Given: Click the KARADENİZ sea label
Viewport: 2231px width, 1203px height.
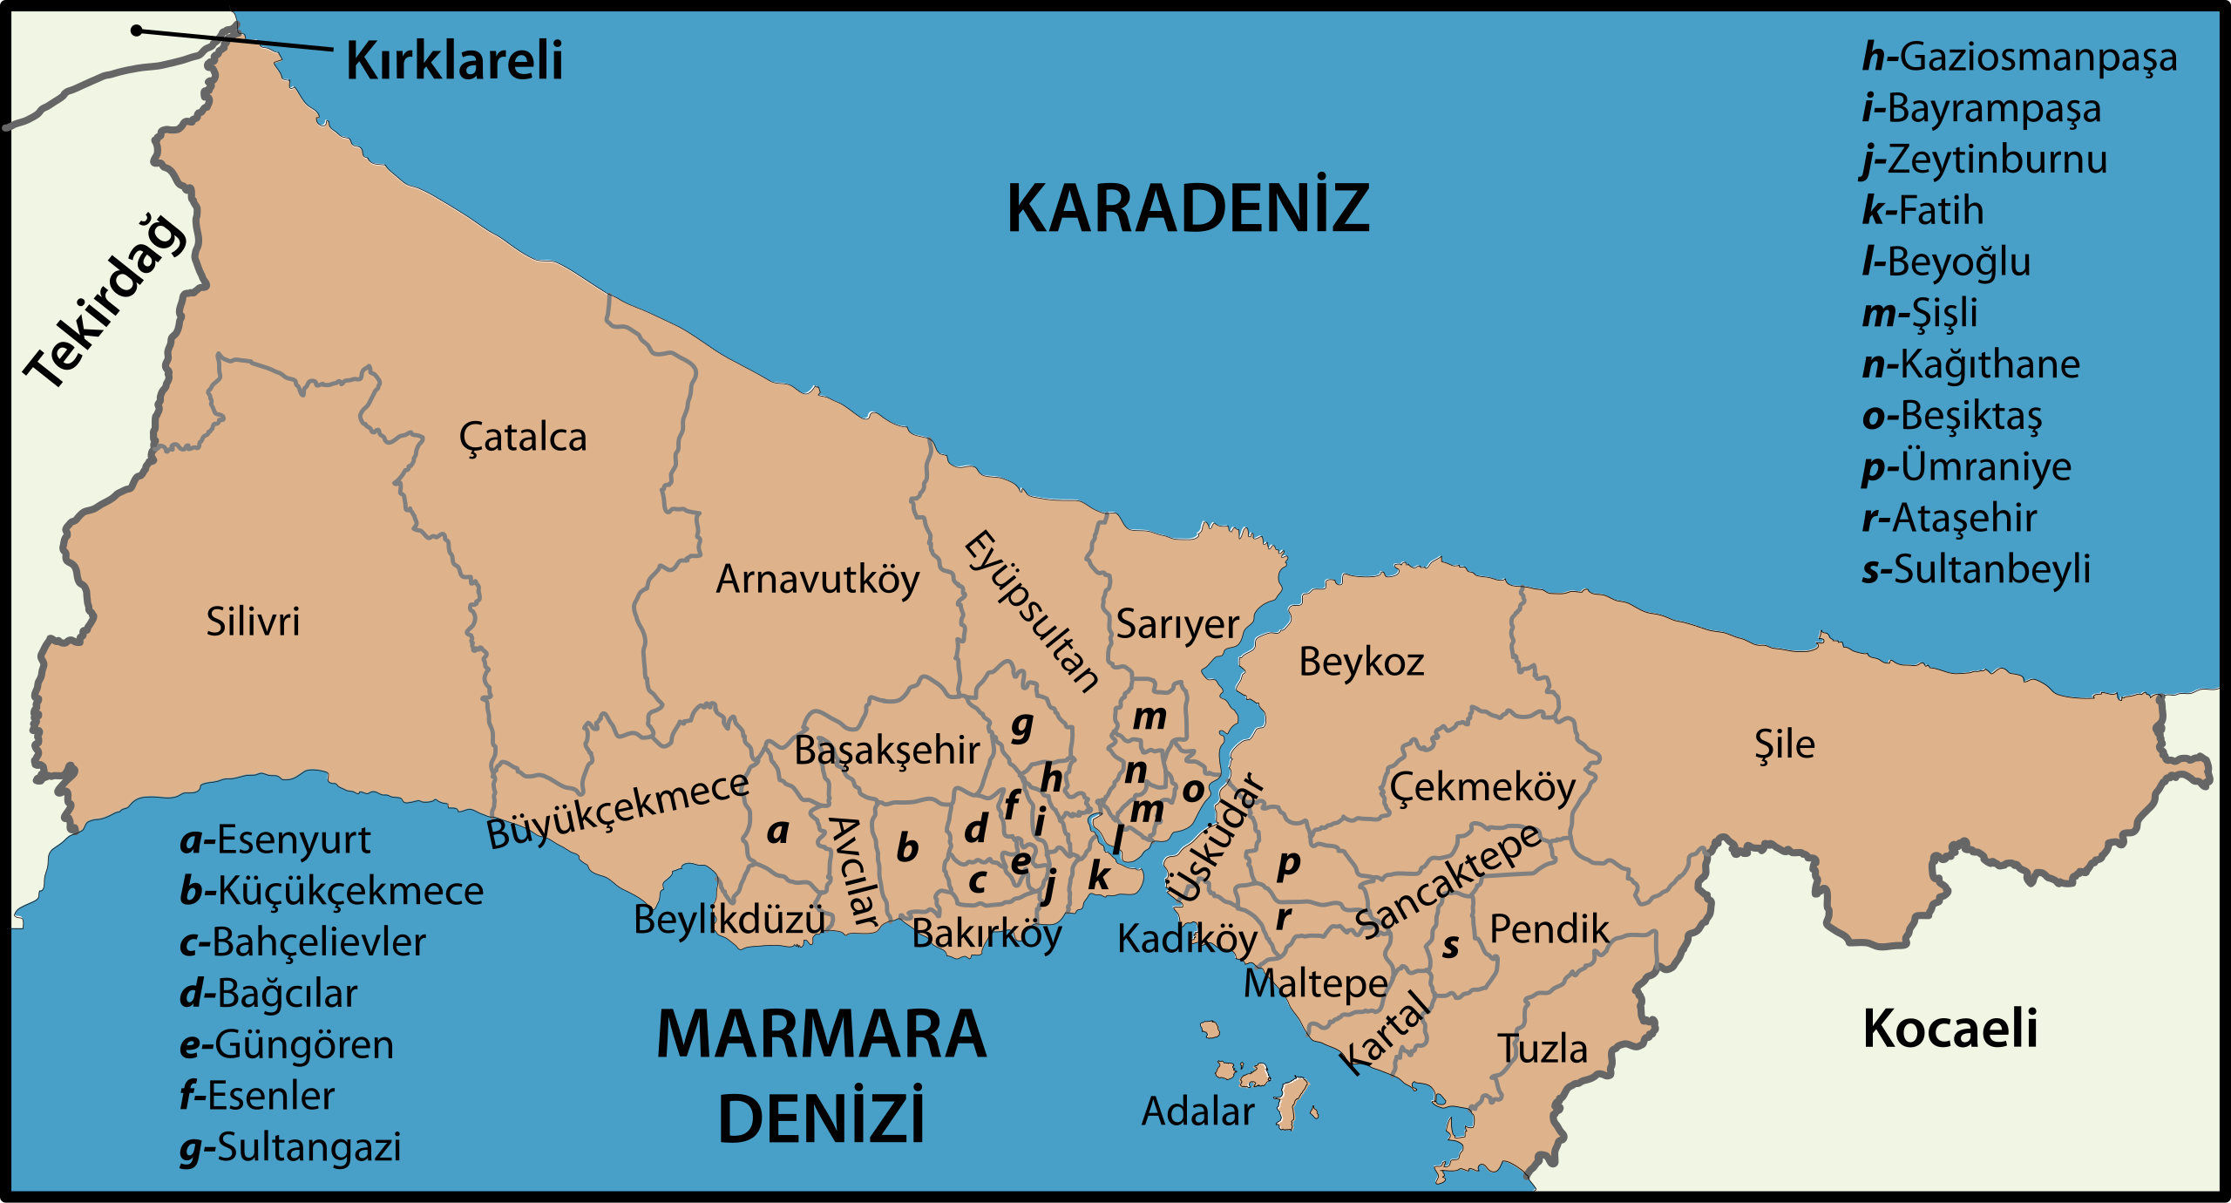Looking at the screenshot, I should [x=1188, y=209].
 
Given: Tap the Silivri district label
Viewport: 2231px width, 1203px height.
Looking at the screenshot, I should [x=253, y=622].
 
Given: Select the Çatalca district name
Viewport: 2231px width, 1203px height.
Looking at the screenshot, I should [x=523, y=438].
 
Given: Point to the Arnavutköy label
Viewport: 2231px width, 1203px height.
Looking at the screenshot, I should [x=817, y=580].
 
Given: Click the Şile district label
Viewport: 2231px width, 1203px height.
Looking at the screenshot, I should [x=1784, y=745].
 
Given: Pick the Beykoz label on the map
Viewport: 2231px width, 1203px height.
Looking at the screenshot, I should [x=1361, y=663].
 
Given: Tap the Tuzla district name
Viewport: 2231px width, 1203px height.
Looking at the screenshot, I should [x=1543, y=1049].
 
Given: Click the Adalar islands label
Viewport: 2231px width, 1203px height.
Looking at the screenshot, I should [x=1198, y=1112].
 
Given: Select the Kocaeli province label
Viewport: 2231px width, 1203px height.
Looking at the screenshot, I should [x=1950, y=1029].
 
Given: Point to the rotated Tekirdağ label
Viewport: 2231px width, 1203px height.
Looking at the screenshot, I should [x=105, y=301].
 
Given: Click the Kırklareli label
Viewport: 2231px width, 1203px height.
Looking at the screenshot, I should [x=454, y=61].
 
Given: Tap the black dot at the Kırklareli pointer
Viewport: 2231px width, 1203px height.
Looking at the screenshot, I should [x=137, y=31].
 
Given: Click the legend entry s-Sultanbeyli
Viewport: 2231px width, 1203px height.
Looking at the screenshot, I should [x=1976, y=569].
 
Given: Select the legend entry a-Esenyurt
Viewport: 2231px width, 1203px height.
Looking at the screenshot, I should [x=275, y=840].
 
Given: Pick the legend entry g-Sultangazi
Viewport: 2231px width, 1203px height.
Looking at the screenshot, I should [x=290, y=1148].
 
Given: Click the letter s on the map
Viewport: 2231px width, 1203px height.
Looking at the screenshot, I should [x=1450, y=946].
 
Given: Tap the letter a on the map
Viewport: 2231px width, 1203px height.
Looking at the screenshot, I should [x=777, y=832].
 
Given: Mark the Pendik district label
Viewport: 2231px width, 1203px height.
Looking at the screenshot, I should [x=1549, y=929].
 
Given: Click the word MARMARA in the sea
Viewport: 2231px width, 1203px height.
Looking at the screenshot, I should [x=821, y=1035].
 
